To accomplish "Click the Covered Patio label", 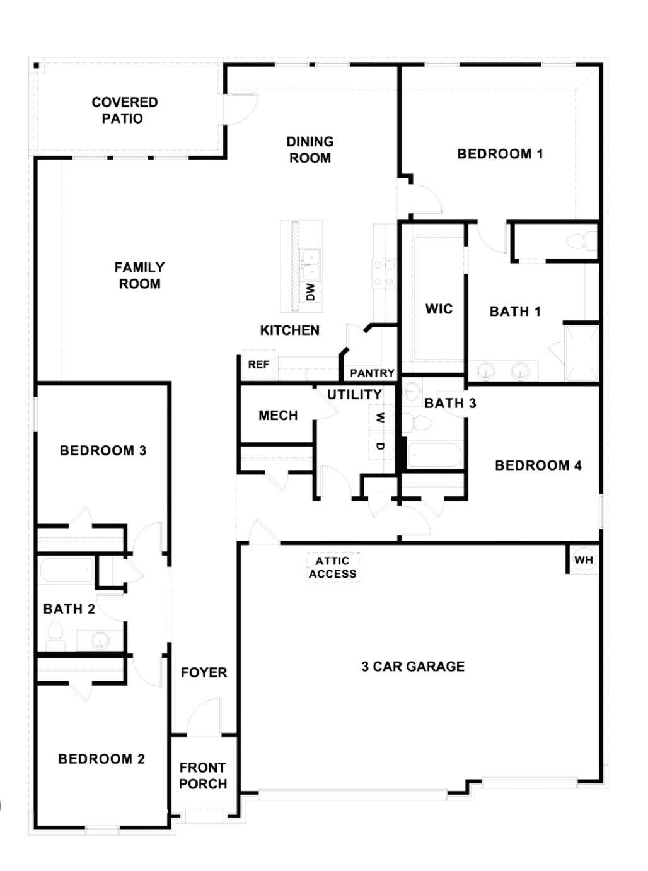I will coord(124,110).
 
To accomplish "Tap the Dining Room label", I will coord(310,150).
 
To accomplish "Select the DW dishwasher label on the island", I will coord(310,291).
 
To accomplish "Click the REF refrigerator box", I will coord(258,365).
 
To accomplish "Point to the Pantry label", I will coord(372,373).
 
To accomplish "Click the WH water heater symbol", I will coord(584,560).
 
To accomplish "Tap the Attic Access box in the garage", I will coord(333,567).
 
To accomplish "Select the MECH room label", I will coord(278,416).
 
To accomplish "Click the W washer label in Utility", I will coord(379,418).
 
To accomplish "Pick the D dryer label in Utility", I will coord(379,446).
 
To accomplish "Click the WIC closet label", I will coord(439,308).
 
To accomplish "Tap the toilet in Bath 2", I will coord(55,636).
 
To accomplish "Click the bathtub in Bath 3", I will coord(434,455).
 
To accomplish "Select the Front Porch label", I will coord(203,776).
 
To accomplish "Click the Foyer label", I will coord(204,673).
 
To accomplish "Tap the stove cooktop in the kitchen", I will coord(384,273).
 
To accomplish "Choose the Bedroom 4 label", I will coord(538,465).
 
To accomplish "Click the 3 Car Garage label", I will coord(413,667).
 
